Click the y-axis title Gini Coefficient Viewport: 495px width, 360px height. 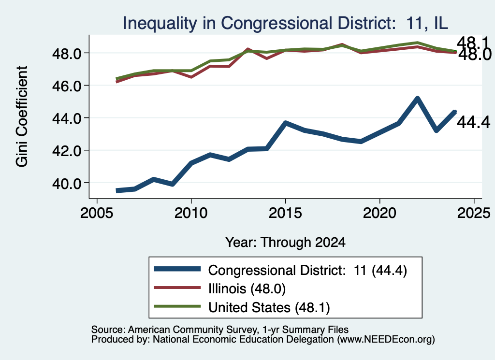22,116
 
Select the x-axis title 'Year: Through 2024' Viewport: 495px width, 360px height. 285,242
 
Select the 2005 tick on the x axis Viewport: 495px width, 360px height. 97,213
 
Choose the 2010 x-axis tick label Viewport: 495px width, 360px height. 191,213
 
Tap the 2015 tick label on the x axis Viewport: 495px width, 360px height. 285,213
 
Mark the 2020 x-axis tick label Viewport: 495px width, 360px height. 379,213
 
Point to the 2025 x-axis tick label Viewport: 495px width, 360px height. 474,213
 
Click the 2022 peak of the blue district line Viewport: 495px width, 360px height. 417,99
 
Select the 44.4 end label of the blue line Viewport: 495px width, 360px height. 474,122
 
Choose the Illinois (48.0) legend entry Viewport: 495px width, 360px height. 247,288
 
